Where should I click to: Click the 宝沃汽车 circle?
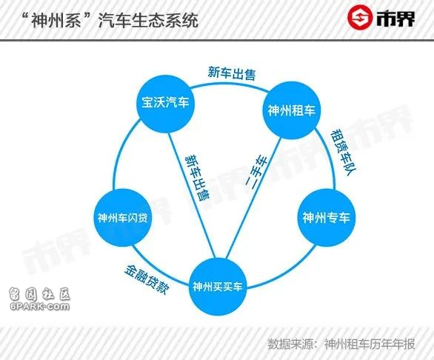[165, 104]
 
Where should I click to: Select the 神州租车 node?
[291, 110]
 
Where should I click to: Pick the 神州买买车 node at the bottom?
[217, 287]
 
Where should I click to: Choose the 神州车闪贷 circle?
[123, 218]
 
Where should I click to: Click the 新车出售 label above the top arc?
[231, 73]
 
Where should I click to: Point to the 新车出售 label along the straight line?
[197, 178]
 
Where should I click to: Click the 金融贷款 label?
[147, 279]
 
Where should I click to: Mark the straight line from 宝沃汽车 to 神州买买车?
[192, 196]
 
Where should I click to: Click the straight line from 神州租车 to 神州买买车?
[253, 198]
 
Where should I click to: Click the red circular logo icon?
[359, 17]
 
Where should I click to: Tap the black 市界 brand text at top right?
[395, 19]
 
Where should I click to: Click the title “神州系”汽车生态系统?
[110, 20]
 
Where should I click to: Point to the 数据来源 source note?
[341, 344]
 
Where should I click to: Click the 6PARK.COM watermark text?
[40, 307]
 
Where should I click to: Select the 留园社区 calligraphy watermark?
[39, 294]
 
